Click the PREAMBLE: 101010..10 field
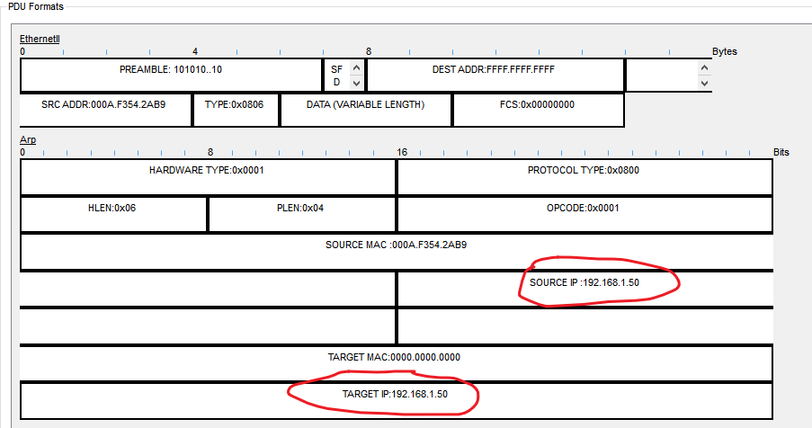171,68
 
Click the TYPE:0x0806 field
235,104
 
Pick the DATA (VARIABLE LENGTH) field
365,104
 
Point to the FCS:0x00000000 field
537,104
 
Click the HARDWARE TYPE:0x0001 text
206,170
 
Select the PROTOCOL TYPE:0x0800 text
584,170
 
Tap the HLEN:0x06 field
113,208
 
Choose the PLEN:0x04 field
300,208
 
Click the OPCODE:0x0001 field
584,208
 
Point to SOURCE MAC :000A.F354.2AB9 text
396,245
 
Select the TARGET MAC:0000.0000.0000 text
396,357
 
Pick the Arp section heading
28,140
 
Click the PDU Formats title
31,6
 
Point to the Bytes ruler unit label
725,51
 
